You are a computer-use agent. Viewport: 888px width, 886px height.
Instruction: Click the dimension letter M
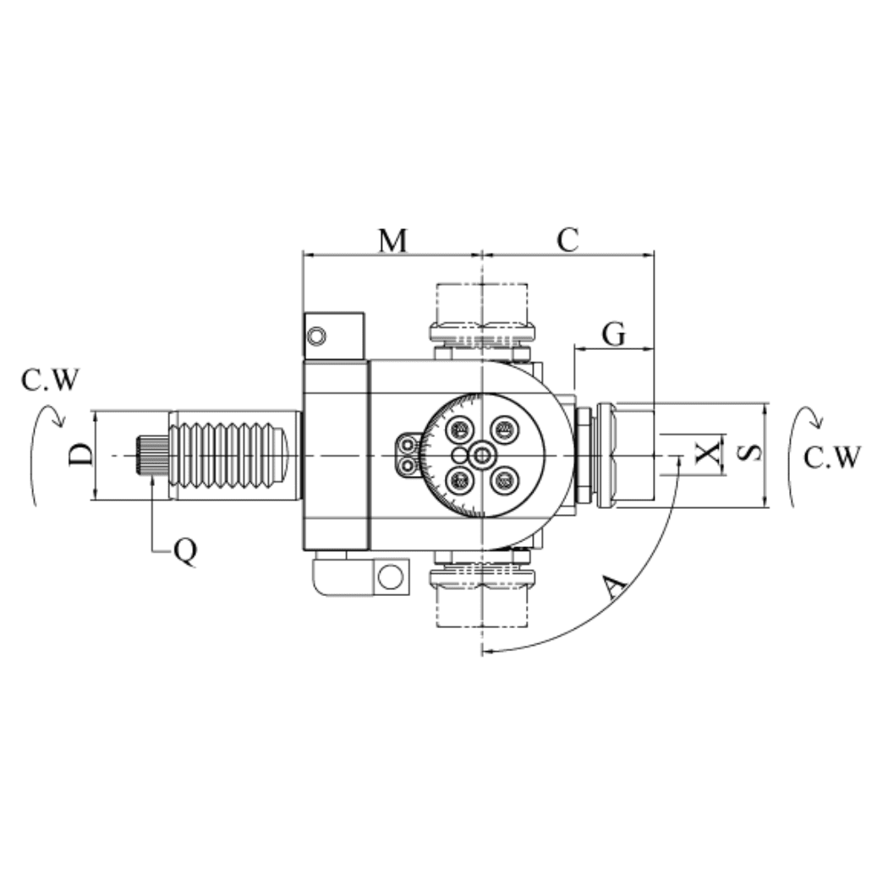392,240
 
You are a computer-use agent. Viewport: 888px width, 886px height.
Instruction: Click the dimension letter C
567,240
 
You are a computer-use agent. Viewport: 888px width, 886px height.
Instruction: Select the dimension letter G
614,335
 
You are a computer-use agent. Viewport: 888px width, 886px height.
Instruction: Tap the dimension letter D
81,455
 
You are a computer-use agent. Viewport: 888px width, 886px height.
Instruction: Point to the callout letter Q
185,551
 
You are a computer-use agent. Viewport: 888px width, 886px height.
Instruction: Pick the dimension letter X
710,454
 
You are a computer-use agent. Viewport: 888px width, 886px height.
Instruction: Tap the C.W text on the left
50,381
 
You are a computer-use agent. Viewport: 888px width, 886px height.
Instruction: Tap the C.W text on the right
832,457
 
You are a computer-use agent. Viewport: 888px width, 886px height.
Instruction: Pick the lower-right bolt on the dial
504,480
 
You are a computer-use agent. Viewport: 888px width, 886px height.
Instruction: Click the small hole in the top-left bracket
316,336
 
